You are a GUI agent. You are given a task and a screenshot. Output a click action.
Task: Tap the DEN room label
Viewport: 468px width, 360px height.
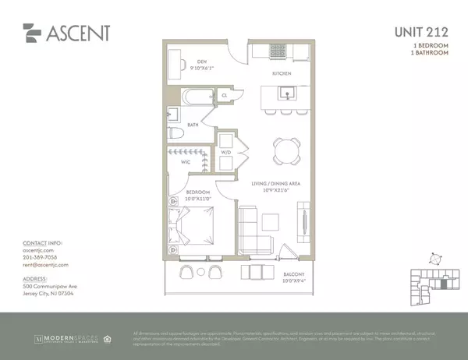(x=201, y=61)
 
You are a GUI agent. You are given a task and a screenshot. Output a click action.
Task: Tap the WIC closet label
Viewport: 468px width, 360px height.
(x=186, y=162)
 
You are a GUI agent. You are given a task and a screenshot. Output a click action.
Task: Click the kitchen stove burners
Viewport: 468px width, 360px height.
(x=278, y=52)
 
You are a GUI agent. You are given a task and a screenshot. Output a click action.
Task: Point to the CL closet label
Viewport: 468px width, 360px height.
(x=224, y=94)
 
